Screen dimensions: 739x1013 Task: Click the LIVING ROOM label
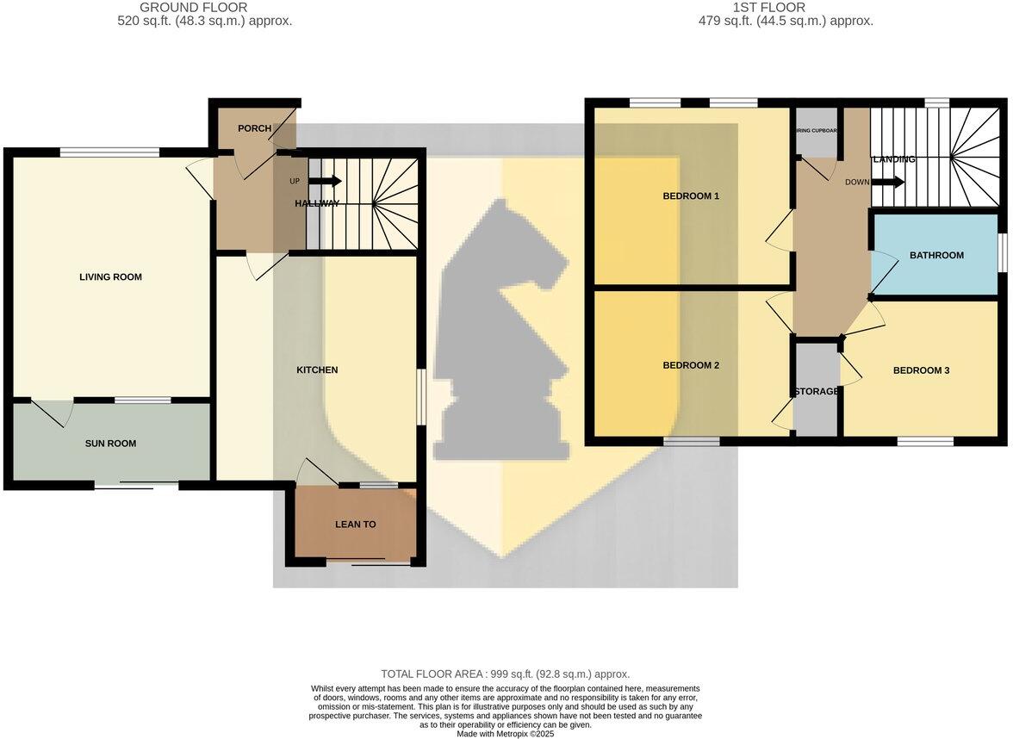point(110,277)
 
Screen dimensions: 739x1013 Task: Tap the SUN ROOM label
point(110,444)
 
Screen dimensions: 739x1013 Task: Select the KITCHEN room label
point(317,370)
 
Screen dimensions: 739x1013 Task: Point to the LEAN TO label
point(356,524)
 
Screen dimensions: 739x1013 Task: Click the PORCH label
point(254,128)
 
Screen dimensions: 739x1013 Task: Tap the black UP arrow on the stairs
point(325,181)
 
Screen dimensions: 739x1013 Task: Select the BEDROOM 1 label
point(691,196)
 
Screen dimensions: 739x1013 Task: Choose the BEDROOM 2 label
point(691,365)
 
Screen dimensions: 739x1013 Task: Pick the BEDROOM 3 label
point(921,370)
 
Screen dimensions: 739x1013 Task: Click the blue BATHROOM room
point(936,255)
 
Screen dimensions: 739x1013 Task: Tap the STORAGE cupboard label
point(816,392)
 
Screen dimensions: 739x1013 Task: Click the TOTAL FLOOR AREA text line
point(506,674)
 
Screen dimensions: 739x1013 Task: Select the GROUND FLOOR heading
point(193,8)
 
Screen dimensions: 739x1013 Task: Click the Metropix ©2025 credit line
point(506,733)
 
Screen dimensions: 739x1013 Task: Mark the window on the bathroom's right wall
point(1003,255)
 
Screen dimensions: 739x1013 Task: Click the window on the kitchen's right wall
point(420,397)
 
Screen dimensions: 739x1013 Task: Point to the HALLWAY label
point(317,203)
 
